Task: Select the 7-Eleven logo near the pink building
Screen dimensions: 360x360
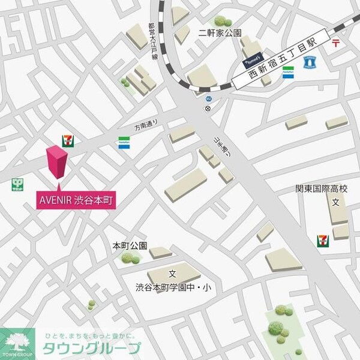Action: (x=68, y=140)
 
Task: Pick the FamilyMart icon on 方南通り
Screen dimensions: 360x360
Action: (x=124, y=143)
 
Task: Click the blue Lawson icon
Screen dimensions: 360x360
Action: (x=310, y=61)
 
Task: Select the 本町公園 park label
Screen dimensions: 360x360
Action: (x=129, y=246)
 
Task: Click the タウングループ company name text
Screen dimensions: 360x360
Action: (x=91, y=348)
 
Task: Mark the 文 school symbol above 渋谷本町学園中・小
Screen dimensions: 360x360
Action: (x=172, y=274)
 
